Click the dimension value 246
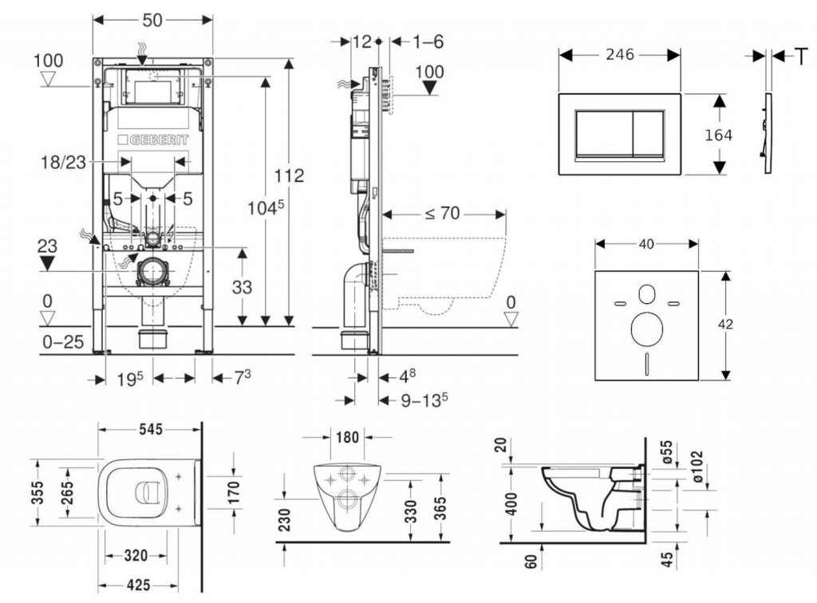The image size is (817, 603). click(618, 54)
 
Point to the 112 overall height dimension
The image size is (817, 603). click(288, 175)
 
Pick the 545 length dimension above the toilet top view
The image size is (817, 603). click(149, 429)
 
